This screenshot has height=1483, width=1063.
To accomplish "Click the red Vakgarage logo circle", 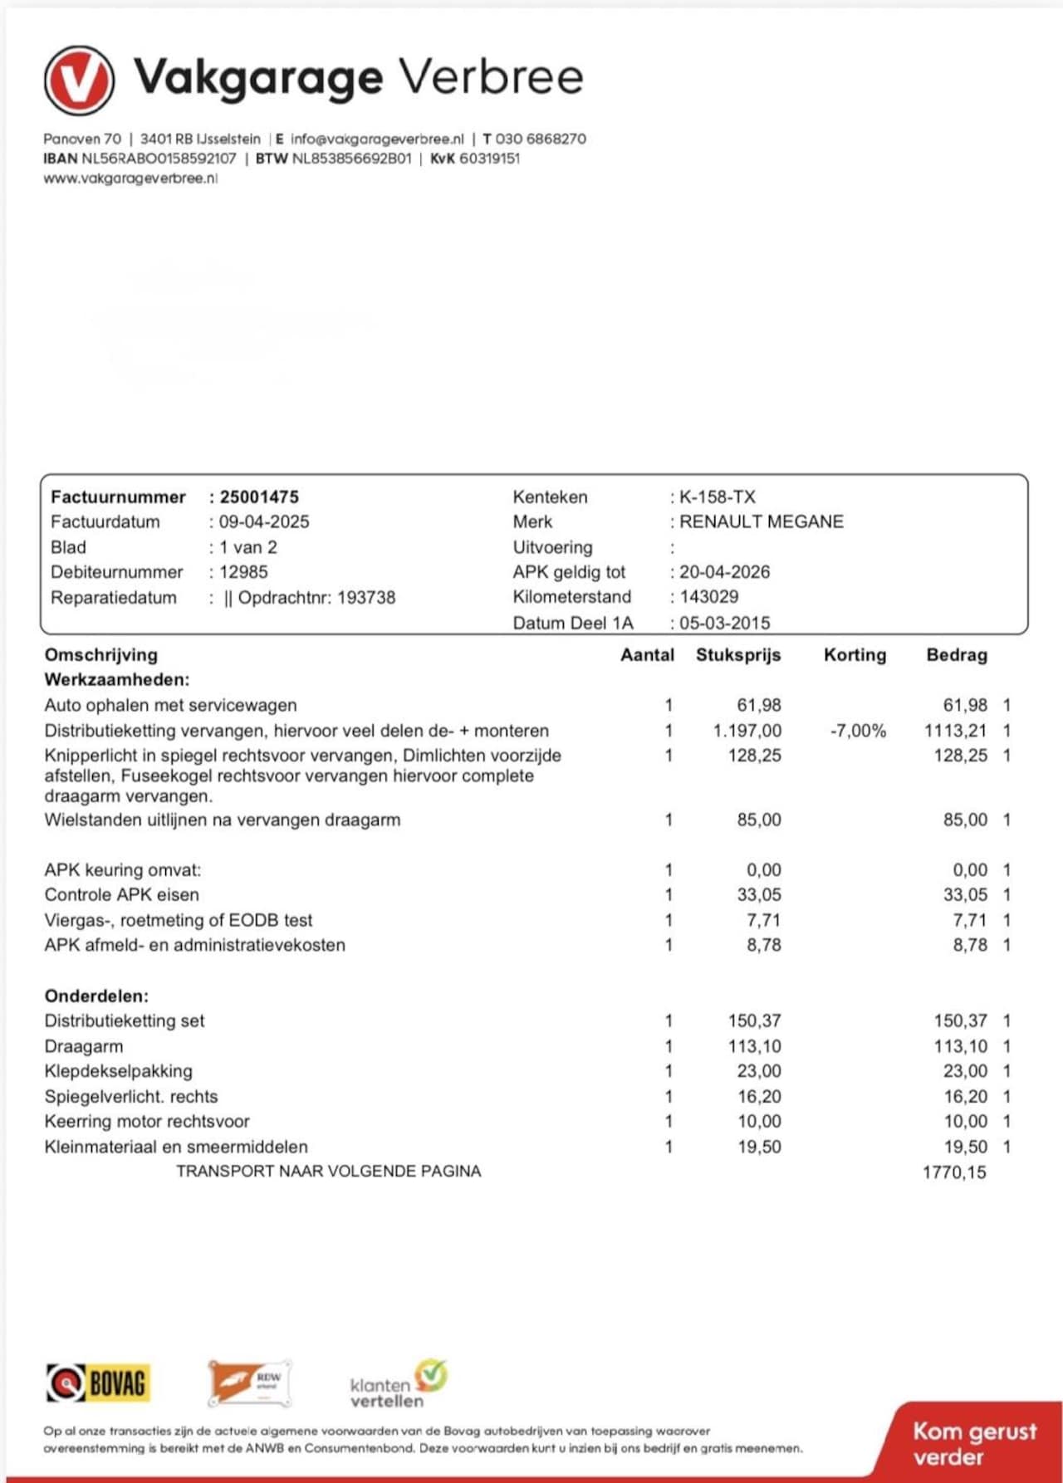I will (79, 80).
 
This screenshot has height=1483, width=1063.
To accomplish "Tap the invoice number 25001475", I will (259, 497).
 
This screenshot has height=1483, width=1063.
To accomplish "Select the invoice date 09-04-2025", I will (264, 521).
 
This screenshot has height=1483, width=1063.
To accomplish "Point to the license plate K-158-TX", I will (718, 497).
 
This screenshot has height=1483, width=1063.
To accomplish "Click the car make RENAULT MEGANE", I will (761, 521).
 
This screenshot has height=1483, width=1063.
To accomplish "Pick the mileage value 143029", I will (709, 596).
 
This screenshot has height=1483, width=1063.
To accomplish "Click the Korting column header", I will (855, 654).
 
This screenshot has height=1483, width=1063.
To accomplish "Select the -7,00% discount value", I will (858, 731).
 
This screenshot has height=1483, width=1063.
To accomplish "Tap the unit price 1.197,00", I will (747, 731).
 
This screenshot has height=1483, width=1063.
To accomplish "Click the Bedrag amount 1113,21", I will (956, 731).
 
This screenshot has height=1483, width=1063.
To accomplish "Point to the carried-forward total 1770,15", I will (954, 1172).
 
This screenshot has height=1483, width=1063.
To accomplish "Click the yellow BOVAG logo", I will (99, 1383).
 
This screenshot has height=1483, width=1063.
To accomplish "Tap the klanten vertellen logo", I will (398, 1384).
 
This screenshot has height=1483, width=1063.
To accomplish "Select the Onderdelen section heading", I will (96, 996).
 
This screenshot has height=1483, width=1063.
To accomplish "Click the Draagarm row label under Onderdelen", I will (84, 1046).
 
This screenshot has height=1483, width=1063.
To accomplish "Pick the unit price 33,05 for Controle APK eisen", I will (759, 894).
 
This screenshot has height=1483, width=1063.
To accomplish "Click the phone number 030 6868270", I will (540, 139).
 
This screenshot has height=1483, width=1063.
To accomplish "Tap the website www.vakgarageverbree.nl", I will (130, 178).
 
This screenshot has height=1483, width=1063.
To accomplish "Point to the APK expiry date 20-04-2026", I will (724, 571).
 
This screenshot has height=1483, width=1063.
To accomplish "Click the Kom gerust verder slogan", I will (974, 1443).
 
